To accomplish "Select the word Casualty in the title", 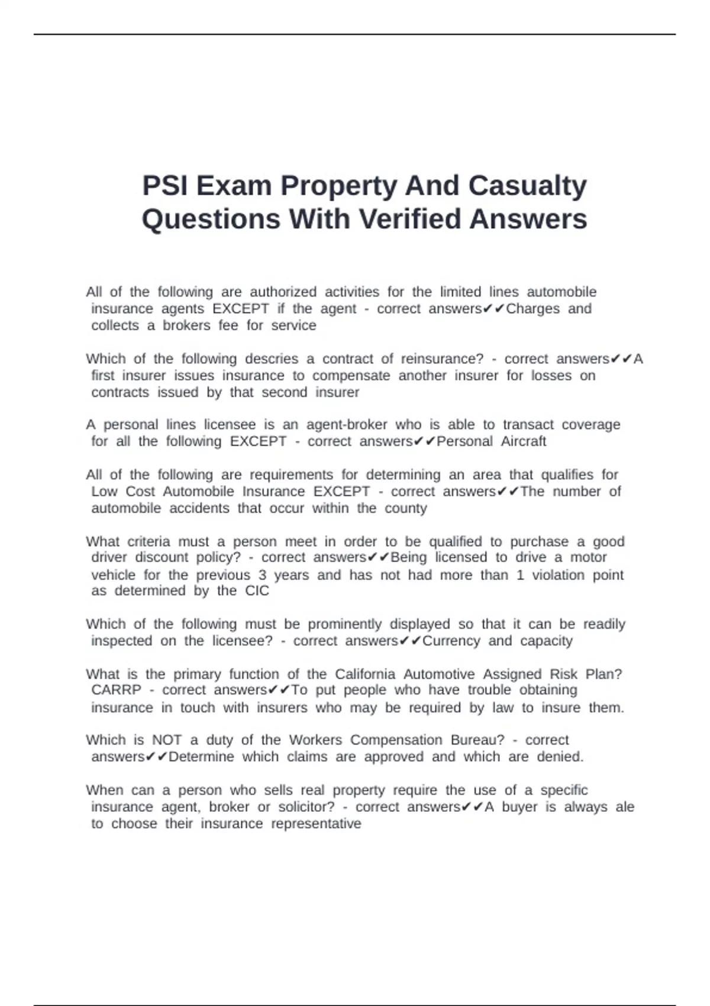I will tap(527, 186).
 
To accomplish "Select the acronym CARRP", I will tap(116, 690).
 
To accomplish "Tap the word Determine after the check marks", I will tap(201, 757).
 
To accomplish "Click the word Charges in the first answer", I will tap(532, 309).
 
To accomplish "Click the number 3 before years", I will tap(262, 575).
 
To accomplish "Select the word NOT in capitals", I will tap(167, 740).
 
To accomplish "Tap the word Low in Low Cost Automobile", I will tap(104, 492).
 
